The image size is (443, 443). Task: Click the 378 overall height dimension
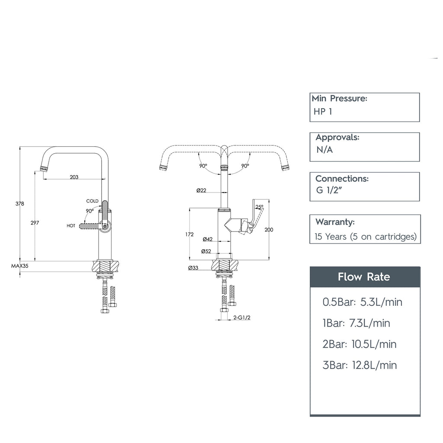pos(20,204)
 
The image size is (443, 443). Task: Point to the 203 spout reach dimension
pos(74,177)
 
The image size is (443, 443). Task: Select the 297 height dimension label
pos(35,223)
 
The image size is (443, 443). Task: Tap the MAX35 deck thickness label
pos(20,266)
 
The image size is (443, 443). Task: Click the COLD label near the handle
pos(93,201)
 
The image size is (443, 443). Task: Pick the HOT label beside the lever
pos(71,226)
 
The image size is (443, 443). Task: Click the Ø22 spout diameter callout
pos(202,190)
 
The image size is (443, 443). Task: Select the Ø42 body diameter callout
pos(208,239)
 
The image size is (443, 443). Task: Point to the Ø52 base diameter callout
pos(206,251)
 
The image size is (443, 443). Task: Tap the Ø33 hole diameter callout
pos(193,268)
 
